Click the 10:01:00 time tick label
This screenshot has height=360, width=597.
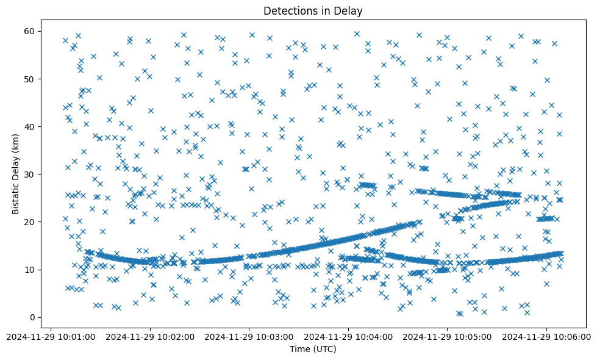point(51,337)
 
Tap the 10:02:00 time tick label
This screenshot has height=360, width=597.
point(150,337)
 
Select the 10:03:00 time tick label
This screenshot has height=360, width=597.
point(249,337)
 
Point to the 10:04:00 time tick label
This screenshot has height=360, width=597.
point(348,337)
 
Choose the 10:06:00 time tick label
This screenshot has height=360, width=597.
point(546,337)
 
